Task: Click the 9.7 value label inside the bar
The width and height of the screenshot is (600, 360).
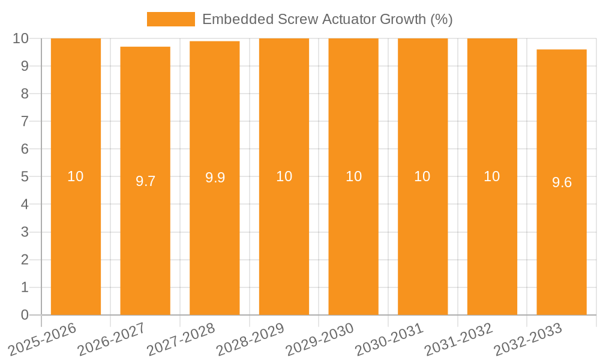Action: (145, 181)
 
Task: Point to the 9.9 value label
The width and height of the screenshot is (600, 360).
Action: (215, 178)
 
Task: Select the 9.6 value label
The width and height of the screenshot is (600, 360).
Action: (562, 182)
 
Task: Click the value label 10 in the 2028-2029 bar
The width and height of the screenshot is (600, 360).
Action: (284, 176)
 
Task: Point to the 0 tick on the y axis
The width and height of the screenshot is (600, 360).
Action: (25, 315)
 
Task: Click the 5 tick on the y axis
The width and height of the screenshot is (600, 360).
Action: (25, 177)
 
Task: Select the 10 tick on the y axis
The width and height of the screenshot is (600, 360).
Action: (21, 38)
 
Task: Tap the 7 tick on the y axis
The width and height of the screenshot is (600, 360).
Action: (25, 121)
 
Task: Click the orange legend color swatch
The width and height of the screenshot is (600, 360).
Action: (171, 19)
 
